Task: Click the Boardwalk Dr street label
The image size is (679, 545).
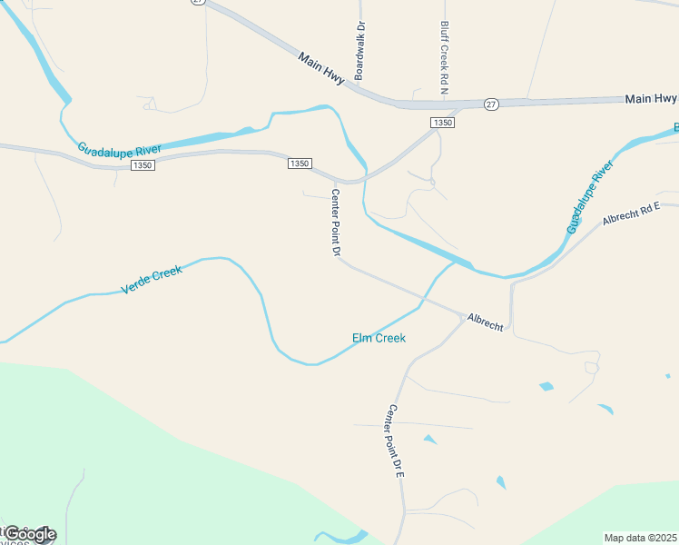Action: [x=359, y=52]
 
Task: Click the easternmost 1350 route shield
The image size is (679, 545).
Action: [x=442, y=123]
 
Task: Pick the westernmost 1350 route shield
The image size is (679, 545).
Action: [x=143, y=165]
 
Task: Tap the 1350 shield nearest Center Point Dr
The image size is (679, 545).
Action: [x=300, y=163]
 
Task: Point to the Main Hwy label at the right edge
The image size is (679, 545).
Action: [x=651, y=97]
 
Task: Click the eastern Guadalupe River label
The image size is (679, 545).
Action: [x=590, y=197]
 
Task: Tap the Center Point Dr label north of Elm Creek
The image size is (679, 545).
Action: [x=334, y=223]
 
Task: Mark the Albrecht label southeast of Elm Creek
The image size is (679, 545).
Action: [x=485, y=322]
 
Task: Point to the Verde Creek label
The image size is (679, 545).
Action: [x=152, y=281]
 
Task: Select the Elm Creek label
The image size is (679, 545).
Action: [x=379, y=339]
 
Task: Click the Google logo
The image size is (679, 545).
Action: [x=30, y=534]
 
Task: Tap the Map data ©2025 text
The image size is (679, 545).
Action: [x=640, y=538]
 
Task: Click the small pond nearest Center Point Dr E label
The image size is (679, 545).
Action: [x=429, y=440]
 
